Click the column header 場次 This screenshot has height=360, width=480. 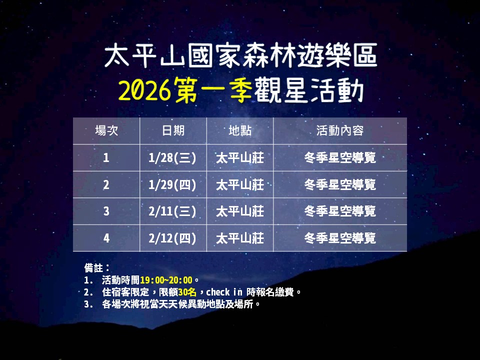(106, 131)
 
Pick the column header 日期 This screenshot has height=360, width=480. (173, 131)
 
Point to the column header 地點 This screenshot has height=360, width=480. (240, 131)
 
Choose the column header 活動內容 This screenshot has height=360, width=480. (340, 131)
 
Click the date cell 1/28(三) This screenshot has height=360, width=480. (173, 158)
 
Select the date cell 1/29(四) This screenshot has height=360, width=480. (173, 185)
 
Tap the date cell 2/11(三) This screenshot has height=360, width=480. (173, 211)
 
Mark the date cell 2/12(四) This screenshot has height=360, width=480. (173, 238)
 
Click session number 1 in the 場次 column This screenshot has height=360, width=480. (106, 158)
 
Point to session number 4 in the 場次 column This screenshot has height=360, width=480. (106, 238)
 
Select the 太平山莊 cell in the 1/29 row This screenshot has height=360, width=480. (240, 185)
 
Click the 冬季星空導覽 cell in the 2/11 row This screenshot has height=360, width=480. (340, 211)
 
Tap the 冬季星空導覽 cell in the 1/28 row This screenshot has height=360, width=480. (340, 158)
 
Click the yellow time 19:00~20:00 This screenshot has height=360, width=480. (166, 280)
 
